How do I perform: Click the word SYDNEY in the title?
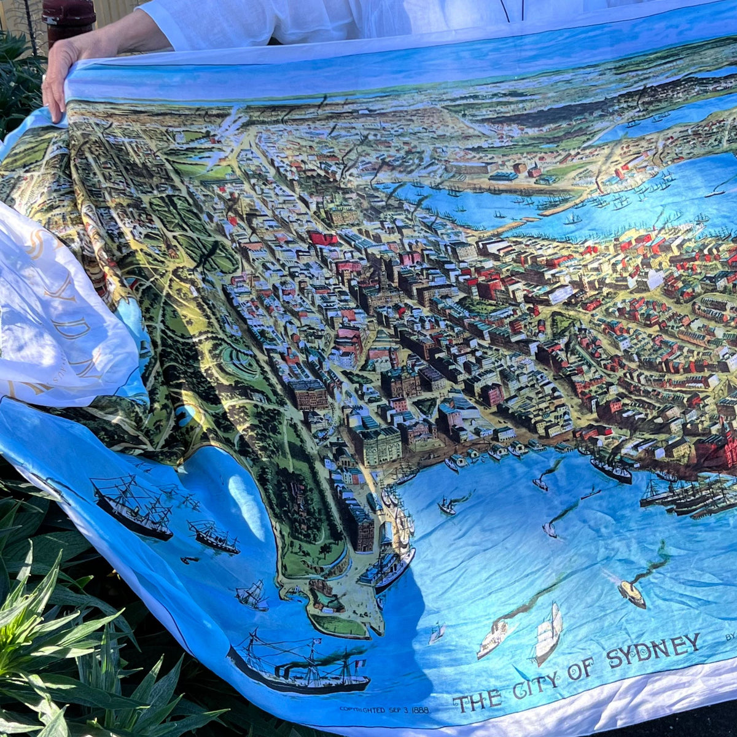tap(653, 650)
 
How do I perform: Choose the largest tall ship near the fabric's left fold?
tap(132, 510)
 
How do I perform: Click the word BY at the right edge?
tap(730, 637)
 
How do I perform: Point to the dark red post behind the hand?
tap(68, 18)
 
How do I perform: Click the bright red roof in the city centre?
tap(322, 238)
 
